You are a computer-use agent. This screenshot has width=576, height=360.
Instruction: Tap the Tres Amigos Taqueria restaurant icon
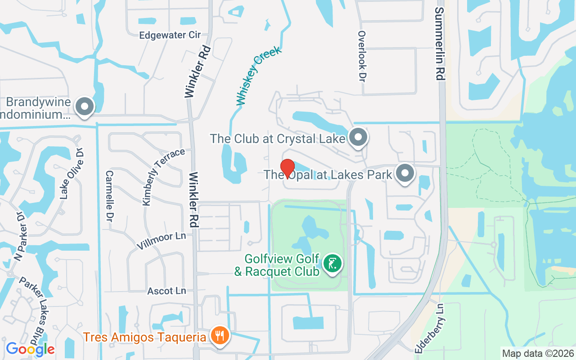(220, 336)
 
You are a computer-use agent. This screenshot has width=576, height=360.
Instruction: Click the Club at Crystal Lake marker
(358, 137)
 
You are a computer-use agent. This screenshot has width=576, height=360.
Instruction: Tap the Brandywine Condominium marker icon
(84, 107)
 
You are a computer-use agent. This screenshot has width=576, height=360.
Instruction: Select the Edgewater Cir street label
(170, 35)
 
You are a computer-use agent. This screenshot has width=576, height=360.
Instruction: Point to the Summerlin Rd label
(440, 44)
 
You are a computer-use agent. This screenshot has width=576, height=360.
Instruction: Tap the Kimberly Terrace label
(164, 176)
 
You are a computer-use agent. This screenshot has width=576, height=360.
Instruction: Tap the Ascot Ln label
(166, 291)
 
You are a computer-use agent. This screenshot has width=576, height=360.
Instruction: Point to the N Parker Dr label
(22, 237)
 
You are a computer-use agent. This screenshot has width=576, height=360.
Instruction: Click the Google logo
(30, 349)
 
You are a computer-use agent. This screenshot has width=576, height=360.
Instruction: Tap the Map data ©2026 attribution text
(538, 353)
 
